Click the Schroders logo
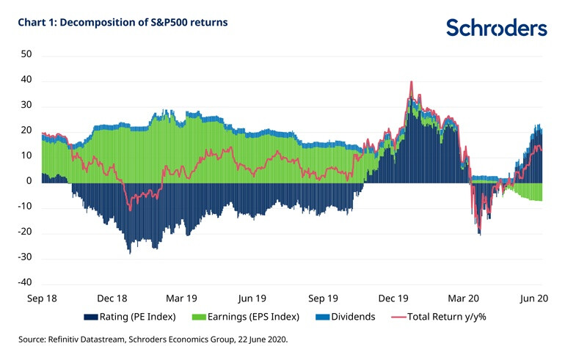point(496,28)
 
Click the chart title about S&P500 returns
point(123,23)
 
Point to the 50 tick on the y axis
point(27,55)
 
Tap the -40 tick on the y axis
point(25,283)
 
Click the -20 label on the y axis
point(25,232)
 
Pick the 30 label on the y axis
point(27,106)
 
